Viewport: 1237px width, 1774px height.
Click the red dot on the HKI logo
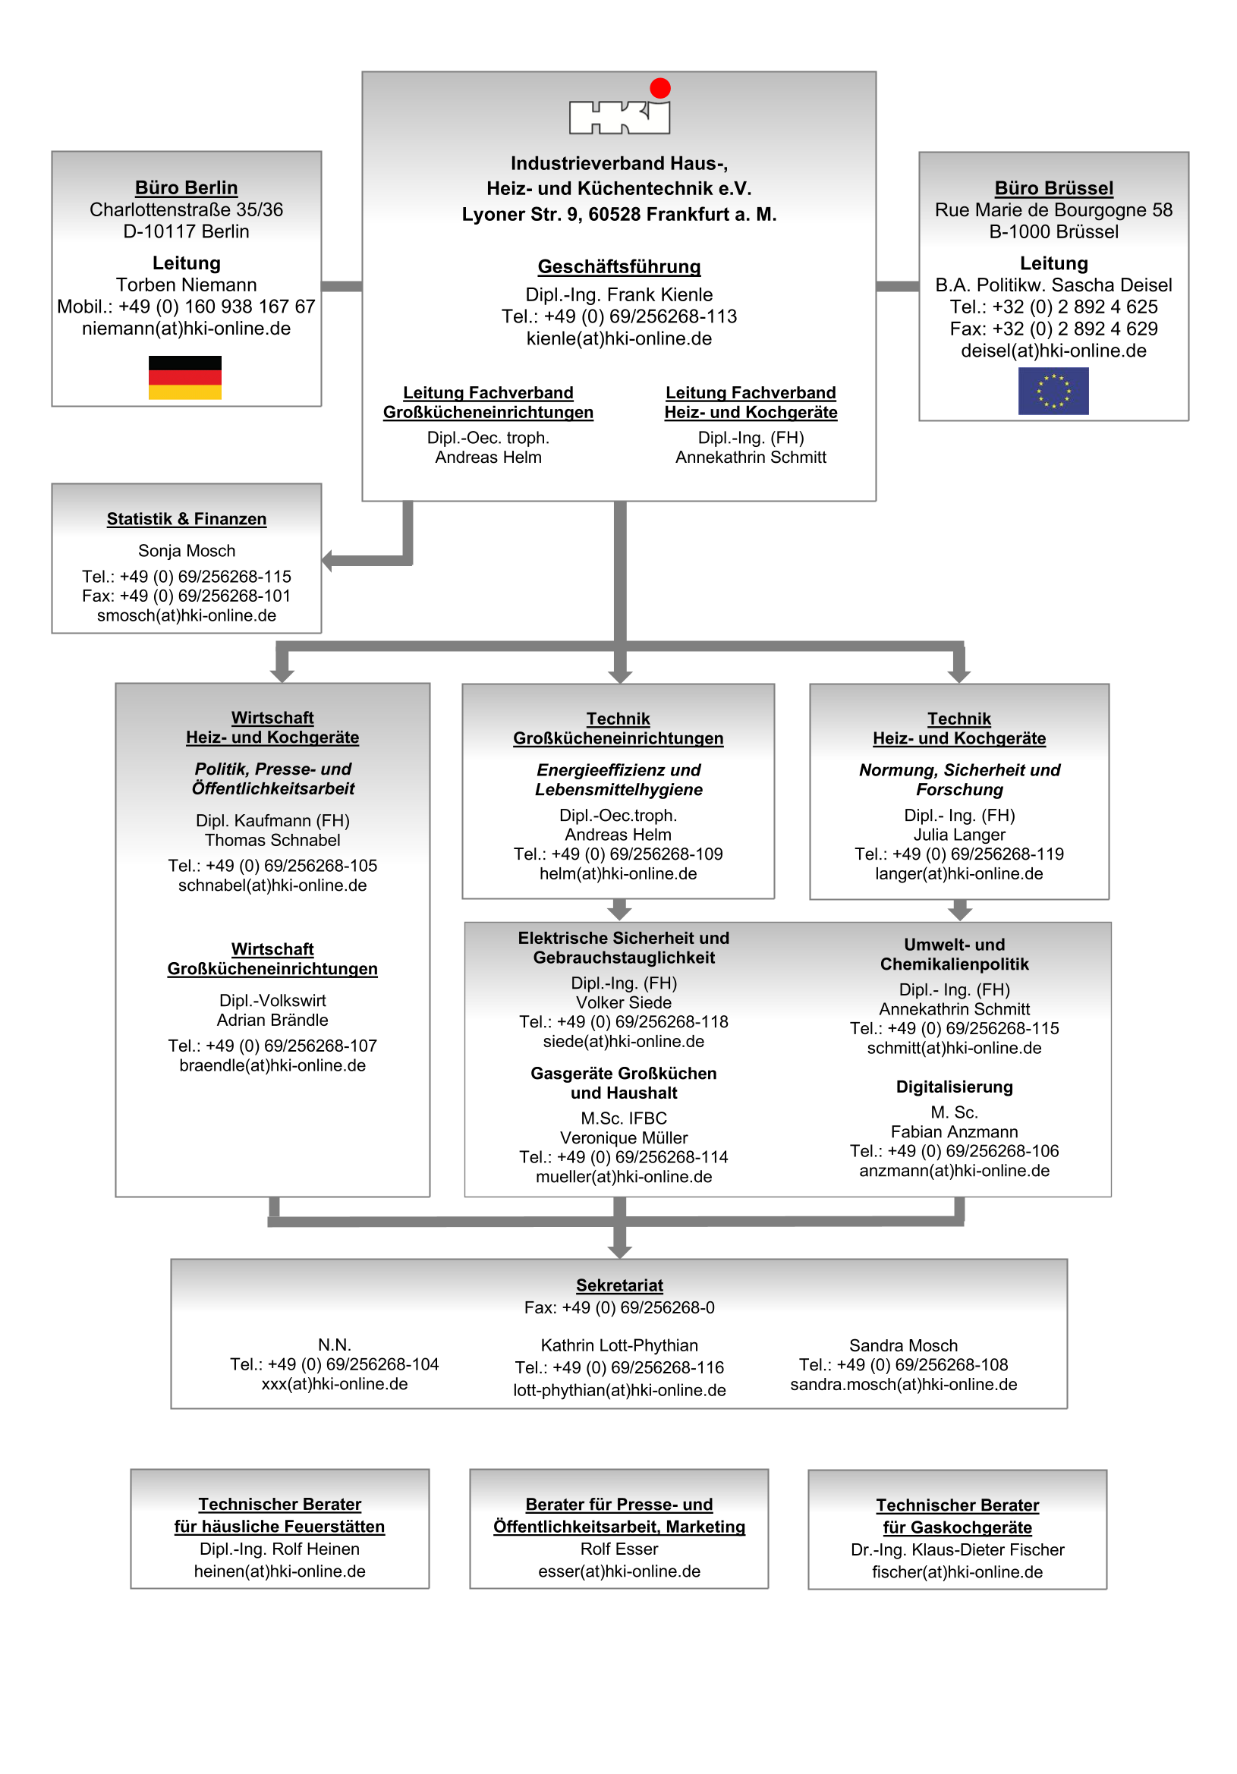click(659, 88)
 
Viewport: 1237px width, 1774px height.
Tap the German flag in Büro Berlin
click(184, 377)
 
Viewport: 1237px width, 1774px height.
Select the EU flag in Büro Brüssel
click(1053, 391)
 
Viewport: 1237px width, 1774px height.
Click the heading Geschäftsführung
click(619, 266)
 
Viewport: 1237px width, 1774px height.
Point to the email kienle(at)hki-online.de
click(619, 338)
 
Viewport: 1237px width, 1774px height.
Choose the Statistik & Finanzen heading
click(186, 519)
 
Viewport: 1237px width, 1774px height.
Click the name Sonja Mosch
click(186, 551)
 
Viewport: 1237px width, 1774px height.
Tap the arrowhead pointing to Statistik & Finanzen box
click(328, 560)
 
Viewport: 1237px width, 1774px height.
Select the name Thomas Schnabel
click(272, 840)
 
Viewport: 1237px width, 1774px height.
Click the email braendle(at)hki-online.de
click(272, 1065)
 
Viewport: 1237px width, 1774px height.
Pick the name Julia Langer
click(958, 835)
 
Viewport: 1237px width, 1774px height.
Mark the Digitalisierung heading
click(953, 1087)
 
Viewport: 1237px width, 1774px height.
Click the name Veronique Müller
click(624, 1137)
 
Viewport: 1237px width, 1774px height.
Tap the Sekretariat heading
click(619, 1285)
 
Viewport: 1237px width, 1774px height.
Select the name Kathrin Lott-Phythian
click(619, 1345)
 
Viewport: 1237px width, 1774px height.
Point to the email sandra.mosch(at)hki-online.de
click(902, 1385)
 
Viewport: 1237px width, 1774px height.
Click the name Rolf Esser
click(619, 1549)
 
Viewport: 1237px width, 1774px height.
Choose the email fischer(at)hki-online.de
click(956, 1572)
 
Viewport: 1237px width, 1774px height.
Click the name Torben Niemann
click(186, 285)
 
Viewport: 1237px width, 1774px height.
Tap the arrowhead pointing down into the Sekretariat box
click(619, 1251)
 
